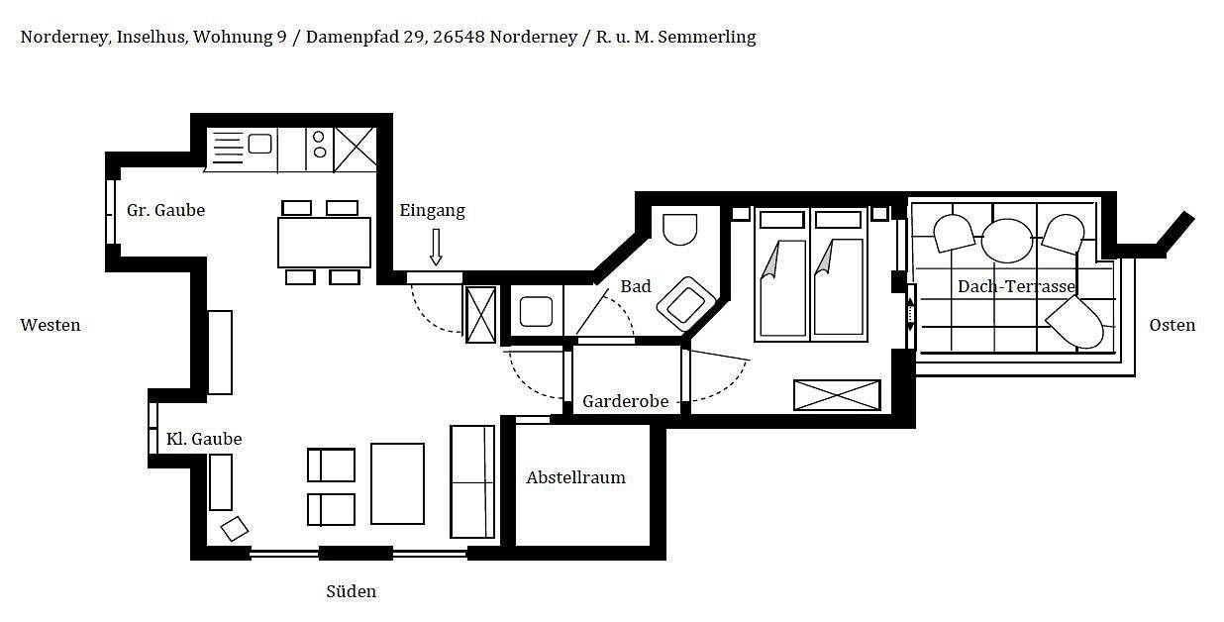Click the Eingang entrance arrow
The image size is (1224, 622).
click(x=436, y=246)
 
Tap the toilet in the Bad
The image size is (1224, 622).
click(x=679, y=230)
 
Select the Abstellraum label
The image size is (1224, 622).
click(x=575, y=477)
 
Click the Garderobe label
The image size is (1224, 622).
click(x=625, y=401)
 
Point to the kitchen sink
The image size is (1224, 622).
click(x=259, y=145)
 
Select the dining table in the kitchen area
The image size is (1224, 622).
click(x=324, y=243)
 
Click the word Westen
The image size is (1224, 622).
click(x=51, y=325)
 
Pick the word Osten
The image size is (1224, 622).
click(x=1172, y=325)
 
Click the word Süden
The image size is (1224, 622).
click(x=351, y=591)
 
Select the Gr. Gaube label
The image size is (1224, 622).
click(x=165, y=210)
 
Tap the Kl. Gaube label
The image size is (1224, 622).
click(x=203, y=439)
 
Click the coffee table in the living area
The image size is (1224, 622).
click(x=397, y=483)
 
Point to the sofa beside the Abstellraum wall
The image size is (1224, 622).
click(x=472, y=481)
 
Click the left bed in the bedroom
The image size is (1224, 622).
click(x=781, y=274)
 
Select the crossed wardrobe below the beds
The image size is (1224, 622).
click(x=837, y=395)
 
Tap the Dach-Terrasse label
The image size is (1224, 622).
click(x=1016, y=286)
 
